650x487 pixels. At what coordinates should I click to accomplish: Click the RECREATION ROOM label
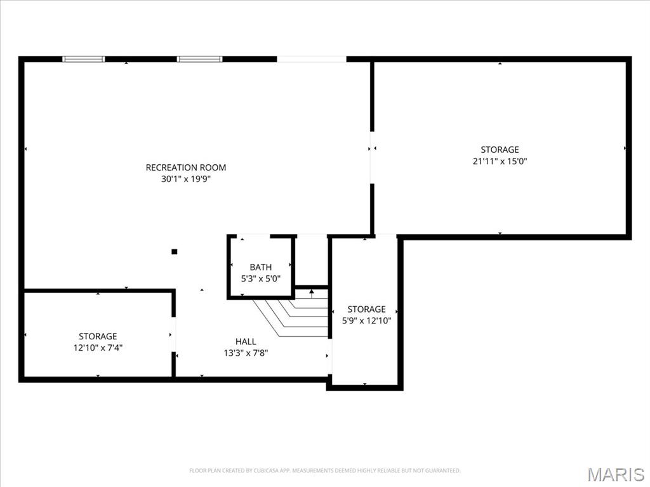pyautogui.click(x=186, y=167)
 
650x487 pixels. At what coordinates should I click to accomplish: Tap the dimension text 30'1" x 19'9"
pyautogui.click(x=186, y=179)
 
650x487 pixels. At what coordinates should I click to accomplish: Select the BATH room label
pyautogui.click(x=261, y=268)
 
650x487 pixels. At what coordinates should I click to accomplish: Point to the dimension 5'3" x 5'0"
pyautogui.click(x=261, y=279)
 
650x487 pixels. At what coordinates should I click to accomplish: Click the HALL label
pyautogui.click(x=246, y=342)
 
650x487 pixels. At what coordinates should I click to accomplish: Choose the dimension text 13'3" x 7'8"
pyautogui.click(x=246, y=353)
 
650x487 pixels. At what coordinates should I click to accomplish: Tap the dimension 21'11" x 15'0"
pyautogui.click(x=500, y=161)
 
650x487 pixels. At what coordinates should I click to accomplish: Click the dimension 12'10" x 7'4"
pyautogui.click(x=98, y=348)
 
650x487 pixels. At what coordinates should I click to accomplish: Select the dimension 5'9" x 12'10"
pyautogui.click(x=366, y=320)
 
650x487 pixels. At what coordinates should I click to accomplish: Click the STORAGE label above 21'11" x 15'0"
pyautogui.click(x=500, y=150)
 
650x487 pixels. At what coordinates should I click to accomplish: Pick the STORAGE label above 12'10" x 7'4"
pyautogui.click(x=98, y=336)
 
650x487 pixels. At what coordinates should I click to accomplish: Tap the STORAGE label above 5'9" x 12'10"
pyautogui.click(x=366, y=309)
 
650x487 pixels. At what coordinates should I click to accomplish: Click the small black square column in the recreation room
pyautogui.click(x=175, y=251)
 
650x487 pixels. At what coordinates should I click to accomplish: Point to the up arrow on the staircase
pyautogui.click(x=312, y=294)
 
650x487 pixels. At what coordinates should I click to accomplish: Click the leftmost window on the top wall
pyautogui.click(x=83, y=59)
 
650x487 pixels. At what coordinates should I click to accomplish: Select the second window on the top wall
pyautogui.click(x=199, y=59)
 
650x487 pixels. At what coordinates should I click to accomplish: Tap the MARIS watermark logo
pyautogui.click(x=616, y=474)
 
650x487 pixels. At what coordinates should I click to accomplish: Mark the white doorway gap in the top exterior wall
pyautogui.click(x=312, y=59)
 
